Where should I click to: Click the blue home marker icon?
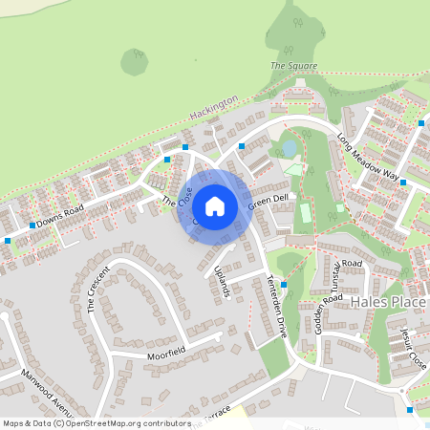click(215, 205)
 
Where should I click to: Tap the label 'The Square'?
click(292, 66)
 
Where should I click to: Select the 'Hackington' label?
click(213, 107)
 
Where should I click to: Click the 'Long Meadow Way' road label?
click(367, 157)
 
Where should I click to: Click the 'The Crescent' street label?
click(98, 289)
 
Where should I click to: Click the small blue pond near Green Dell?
click(288, 148)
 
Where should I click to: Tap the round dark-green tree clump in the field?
click(134, 62)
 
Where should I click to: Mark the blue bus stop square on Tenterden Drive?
click(284, 270)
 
